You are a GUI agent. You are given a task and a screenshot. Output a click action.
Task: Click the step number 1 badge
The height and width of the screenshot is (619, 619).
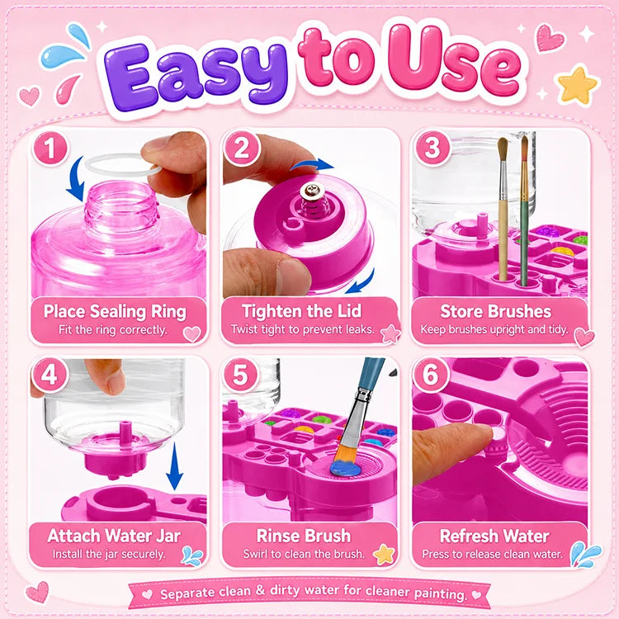pyautogui.click(x=50, y=148)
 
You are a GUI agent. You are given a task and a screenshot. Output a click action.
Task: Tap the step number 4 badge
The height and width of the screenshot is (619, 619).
pyautogui.click(x=49, y=375)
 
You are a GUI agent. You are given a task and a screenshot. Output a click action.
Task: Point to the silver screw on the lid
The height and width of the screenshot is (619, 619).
pyautogui.click(x=309, y=191)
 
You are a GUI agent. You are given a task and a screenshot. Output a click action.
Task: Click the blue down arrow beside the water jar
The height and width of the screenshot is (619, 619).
pyautogui.click(x=174, y=466)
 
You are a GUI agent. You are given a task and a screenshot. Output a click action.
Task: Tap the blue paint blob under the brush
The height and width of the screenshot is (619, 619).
pyautogui.click(x=346, y=468)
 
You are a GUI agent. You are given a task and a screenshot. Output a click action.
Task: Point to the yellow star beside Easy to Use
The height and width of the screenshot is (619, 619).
pyautogui.click(x=577, y=85)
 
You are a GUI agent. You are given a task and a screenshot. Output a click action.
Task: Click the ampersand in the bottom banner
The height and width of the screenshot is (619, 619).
pyautogui.click(x=260, y=591)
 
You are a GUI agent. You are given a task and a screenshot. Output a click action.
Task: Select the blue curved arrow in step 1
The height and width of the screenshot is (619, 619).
pyautogui.click(x=77, y=178)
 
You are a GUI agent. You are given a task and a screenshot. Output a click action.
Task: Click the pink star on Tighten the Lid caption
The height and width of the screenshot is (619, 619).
pyautogui.click(x=390, y=333)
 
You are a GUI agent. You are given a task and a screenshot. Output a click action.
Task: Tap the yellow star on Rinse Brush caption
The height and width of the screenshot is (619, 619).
pyautogui.click(x=384, y=555)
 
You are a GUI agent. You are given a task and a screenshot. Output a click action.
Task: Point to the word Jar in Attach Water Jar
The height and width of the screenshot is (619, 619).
pyautogui.click(x=168, y=536)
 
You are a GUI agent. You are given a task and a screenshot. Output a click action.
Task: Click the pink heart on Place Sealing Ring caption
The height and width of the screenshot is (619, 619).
pyautogui.click(x=192, y=334)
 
